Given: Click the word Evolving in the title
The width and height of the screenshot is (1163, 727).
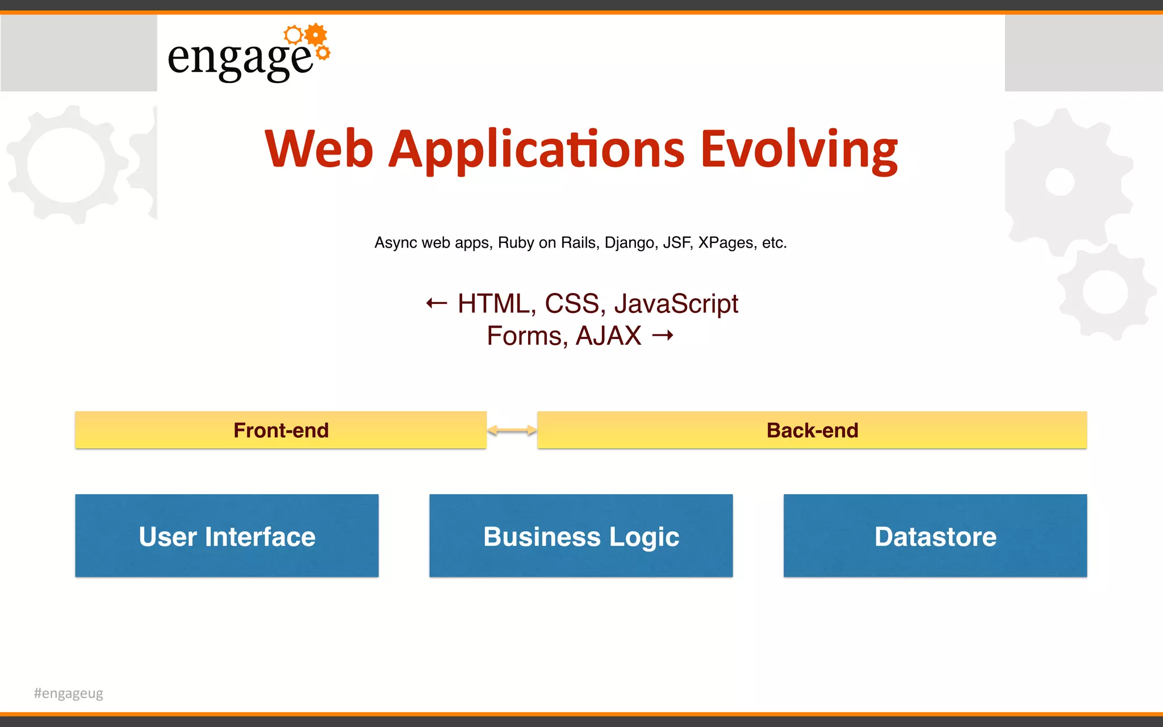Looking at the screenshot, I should click(799, 149).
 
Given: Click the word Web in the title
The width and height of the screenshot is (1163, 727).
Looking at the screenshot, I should click(319, 149).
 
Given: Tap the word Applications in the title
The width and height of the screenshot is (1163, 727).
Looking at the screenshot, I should click(536, 149).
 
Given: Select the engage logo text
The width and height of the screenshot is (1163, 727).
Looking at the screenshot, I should click(240, 58).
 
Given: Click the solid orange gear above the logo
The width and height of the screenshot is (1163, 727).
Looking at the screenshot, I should click(316, 35).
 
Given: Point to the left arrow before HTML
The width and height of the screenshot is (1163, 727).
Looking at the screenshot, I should click(436, 303).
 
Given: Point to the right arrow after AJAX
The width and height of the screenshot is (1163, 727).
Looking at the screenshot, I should click(662, 336).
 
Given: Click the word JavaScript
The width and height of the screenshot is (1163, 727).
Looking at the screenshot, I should click(676, 303).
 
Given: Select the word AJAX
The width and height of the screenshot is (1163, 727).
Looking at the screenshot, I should click(608, 336).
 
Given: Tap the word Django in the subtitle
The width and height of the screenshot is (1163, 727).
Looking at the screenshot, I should click(629, 243).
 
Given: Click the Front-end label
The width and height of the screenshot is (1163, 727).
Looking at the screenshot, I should click(281, 430).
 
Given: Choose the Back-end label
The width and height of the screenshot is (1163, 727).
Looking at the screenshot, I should click(812, 430).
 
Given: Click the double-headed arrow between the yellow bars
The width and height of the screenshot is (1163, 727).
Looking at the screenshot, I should click(512, 431).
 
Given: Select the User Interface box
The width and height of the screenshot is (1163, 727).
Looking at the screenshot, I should click(227, 536).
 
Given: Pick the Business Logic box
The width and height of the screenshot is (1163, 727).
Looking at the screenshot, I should click(581, 536).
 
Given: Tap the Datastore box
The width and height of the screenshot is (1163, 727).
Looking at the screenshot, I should click(935, 536).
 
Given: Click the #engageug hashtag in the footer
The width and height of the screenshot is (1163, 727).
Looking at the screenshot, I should click(69, 693).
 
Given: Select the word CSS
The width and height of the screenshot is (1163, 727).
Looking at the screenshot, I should click(571, 303).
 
